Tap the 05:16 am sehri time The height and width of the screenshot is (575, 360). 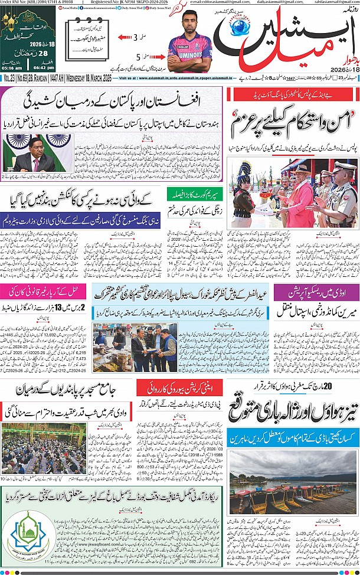[x=13, y=67]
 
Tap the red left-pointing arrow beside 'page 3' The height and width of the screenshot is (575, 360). [x=126, y=37]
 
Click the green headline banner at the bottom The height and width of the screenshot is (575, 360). [x=112, y=493]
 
